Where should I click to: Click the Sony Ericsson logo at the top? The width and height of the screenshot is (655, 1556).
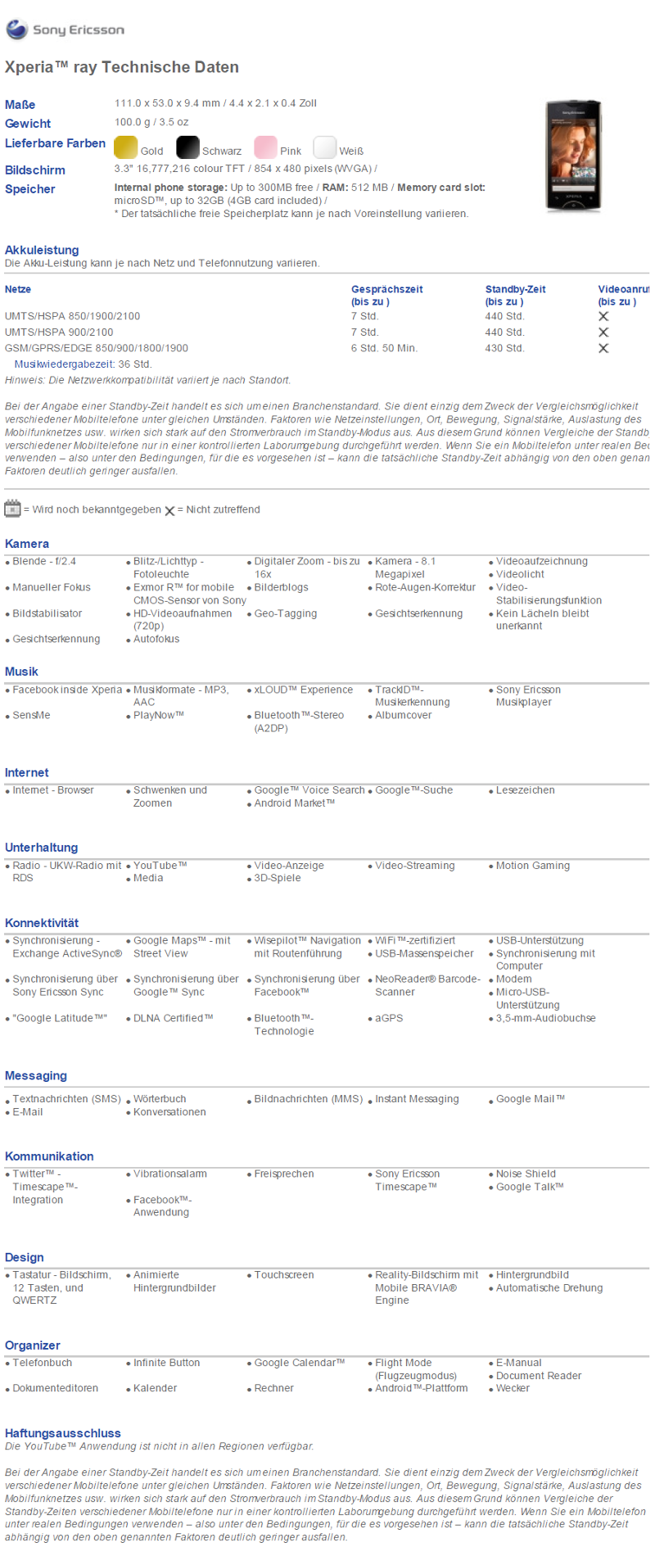65,30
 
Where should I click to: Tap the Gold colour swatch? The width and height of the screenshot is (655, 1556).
126,147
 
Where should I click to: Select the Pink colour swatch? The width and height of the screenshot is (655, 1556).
265,147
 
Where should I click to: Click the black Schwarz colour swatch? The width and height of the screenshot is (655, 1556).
188,147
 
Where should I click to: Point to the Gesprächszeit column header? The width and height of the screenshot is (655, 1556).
386,289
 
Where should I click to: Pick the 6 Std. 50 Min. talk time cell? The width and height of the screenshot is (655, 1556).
384,348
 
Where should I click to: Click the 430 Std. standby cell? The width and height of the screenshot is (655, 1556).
504,348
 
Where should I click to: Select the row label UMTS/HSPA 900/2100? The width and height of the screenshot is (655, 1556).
59,332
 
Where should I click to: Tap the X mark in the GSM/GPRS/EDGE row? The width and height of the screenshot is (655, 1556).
603,348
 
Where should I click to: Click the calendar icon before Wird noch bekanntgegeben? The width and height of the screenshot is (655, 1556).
12,509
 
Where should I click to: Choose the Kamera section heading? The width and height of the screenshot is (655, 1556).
27,544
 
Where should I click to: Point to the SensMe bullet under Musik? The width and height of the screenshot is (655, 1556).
31,715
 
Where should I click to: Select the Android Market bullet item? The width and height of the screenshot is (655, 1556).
294,803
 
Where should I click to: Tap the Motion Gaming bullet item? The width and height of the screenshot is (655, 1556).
532,866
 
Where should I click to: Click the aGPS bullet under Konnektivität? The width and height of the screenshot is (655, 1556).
389,1018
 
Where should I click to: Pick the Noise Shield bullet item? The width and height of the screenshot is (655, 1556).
526,1174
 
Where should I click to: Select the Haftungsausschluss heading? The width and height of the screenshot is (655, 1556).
63,1433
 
